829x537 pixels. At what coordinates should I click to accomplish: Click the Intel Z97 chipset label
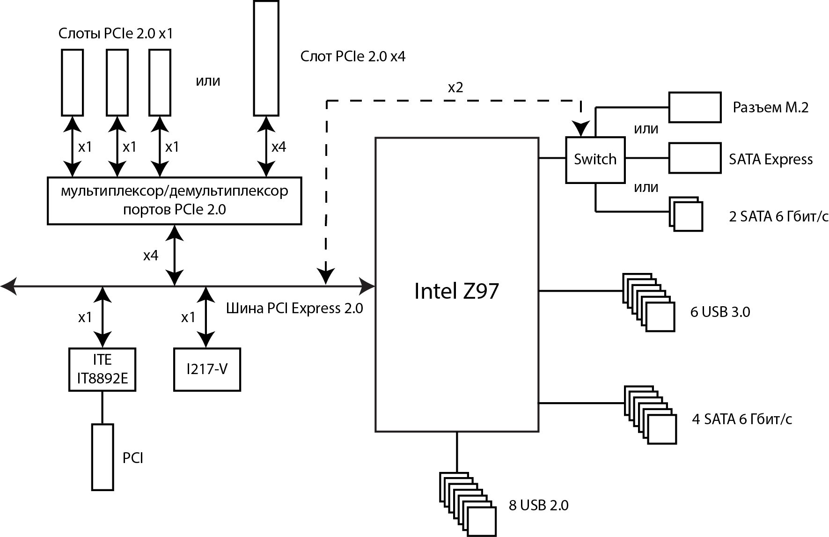[x=456, y=291]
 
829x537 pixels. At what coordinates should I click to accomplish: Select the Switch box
[x=595, y=160]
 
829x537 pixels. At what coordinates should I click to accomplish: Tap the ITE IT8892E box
[x=103, y=369]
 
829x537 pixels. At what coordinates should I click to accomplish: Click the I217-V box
[x=207, y=369]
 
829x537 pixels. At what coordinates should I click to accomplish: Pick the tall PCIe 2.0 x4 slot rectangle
[x=266, y=58]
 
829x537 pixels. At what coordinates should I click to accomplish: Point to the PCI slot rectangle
[x=103, y=457]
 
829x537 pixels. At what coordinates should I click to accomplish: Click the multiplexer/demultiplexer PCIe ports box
[x=174, y=201]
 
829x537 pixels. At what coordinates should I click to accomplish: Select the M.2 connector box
[x=694, y=107]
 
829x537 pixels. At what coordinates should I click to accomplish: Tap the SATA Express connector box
[x=694, y=158]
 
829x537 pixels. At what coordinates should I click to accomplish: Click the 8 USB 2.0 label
[x=538, y=506]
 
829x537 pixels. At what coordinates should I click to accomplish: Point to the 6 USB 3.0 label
[x=720, y=312]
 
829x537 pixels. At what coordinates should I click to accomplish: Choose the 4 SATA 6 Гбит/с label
[x=742, y=419]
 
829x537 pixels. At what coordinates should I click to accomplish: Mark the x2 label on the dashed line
[x=455, y=88]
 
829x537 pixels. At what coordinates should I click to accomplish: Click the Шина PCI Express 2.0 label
[x=294, y=309]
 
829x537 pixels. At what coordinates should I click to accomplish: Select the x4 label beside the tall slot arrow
[x=279, y=147]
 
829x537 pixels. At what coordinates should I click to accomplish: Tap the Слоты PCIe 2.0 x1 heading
[x=115, y=34]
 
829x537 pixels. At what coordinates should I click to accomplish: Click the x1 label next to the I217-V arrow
[x=188, y=317]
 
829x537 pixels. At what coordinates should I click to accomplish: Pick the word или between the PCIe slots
[x=208, y=81]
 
